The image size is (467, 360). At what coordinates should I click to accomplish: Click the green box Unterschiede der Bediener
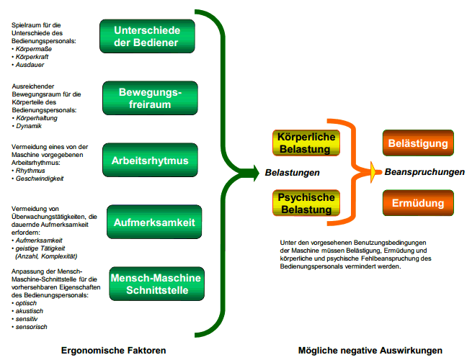148,36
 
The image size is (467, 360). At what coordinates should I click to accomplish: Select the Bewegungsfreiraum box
148,99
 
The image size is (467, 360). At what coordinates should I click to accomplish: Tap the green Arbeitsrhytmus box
148,159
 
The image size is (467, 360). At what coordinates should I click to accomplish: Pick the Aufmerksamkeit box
154,223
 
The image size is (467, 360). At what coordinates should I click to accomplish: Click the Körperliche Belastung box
305,143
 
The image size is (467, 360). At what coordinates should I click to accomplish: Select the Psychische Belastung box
306,204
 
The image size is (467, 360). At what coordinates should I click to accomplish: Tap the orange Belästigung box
418,144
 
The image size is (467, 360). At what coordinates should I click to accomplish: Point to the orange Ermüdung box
418,204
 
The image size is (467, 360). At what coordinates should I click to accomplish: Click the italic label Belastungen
292,173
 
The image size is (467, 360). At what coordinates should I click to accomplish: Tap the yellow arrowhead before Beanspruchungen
374,171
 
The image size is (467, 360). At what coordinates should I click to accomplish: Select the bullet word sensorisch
32,327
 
